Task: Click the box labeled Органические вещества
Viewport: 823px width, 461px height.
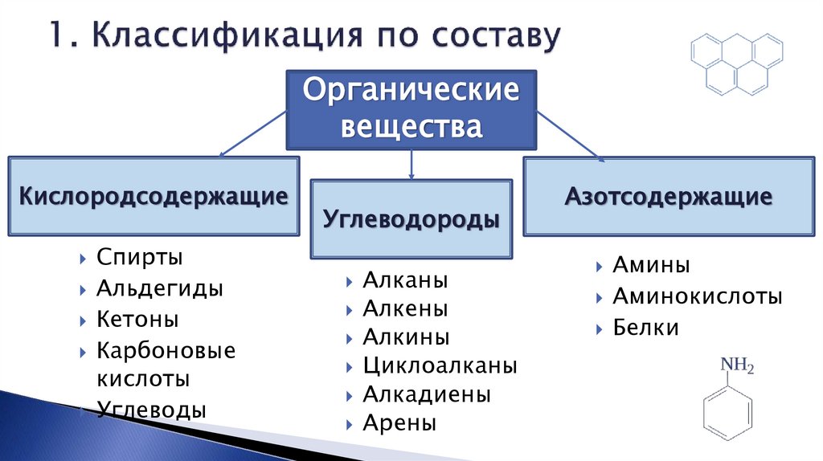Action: pyautogui.click(x=411, y=108)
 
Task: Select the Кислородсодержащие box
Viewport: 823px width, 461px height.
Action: pyautogui.click(x=153, y=197)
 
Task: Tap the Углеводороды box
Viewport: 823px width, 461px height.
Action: pyautogui.click(x=411, y=219)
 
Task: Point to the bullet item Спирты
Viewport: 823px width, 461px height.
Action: pyautogui.click(x=140, y=258)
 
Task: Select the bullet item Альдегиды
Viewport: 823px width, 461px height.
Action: pyautogui.click(x=160, y=288)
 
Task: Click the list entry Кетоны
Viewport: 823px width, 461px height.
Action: pyautogui.click(x=137, y=319)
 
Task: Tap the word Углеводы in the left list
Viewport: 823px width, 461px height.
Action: pyautogui.click(x=152, y=410)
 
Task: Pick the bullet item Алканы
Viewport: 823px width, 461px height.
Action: pyautogui.click(x=405, y=280)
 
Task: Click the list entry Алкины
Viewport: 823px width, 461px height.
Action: pyautogui.click(x=406, y=337)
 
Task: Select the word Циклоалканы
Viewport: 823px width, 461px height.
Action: pyautogui.click(x=440, y=366)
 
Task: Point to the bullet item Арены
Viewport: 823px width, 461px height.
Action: pyautogui.click(x=399, y=422)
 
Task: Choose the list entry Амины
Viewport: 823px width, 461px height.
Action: pyautogui.click(x=651, y=266)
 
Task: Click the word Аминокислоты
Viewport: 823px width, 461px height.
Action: pyautogui.click(x=697, y=296)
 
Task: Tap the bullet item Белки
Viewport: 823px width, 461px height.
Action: pyautogui.click(x=645, y=328)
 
